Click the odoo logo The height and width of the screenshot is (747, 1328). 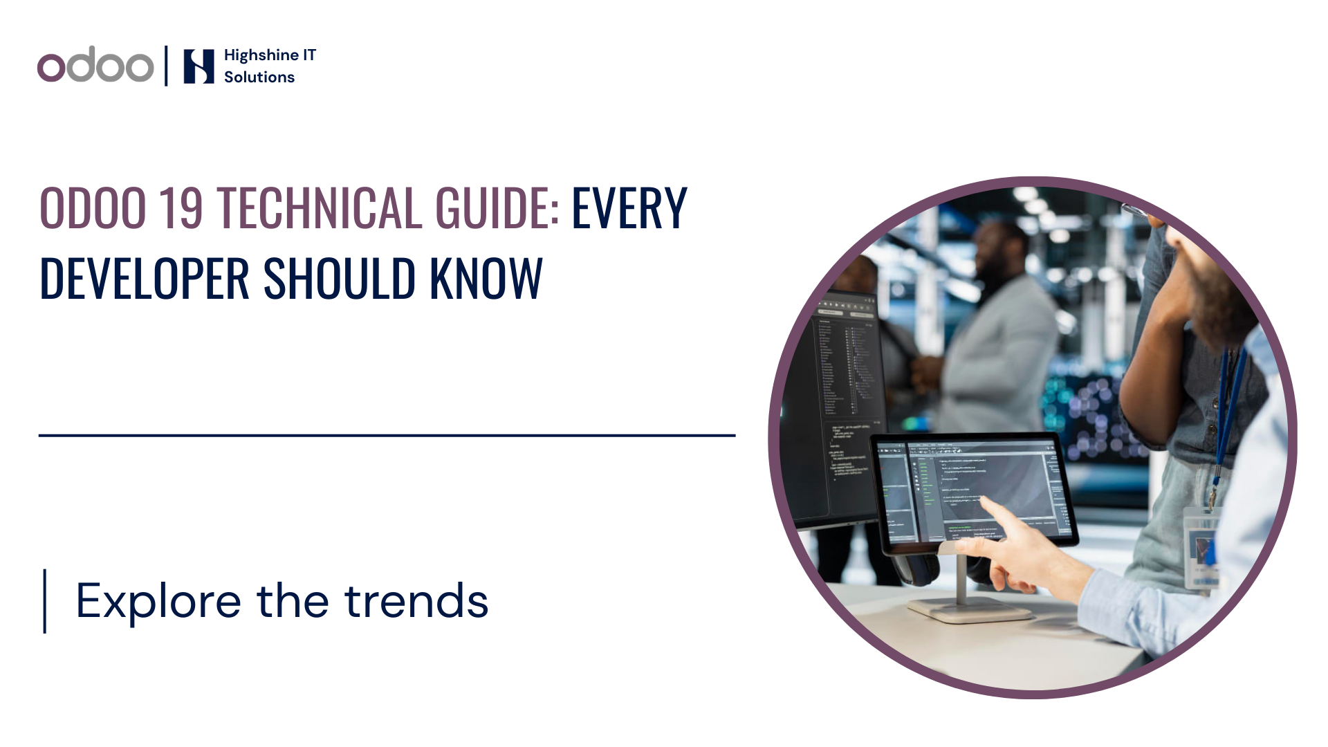[95, 66]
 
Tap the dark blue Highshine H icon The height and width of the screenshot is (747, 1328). [199, 66]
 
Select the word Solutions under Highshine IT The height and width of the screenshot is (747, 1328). [259, 77]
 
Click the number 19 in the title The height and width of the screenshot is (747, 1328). [181, 208]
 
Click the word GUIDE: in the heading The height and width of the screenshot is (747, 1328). [497, 208]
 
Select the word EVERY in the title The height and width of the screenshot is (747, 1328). [629, 208]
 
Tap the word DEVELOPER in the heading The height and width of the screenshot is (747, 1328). [144, 279]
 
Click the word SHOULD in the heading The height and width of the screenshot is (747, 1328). [339, 279]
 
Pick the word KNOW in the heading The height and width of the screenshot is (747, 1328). [486, 279]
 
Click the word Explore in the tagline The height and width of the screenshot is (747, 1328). [158, 600]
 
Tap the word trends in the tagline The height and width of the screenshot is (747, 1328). [416, 600]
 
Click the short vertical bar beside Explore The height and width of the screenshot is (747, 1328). [45, 600]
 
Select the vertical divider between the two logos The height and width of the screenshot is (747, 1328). [166, 66]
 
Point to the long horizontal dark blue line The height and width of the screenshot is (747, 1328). [387, 435]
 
